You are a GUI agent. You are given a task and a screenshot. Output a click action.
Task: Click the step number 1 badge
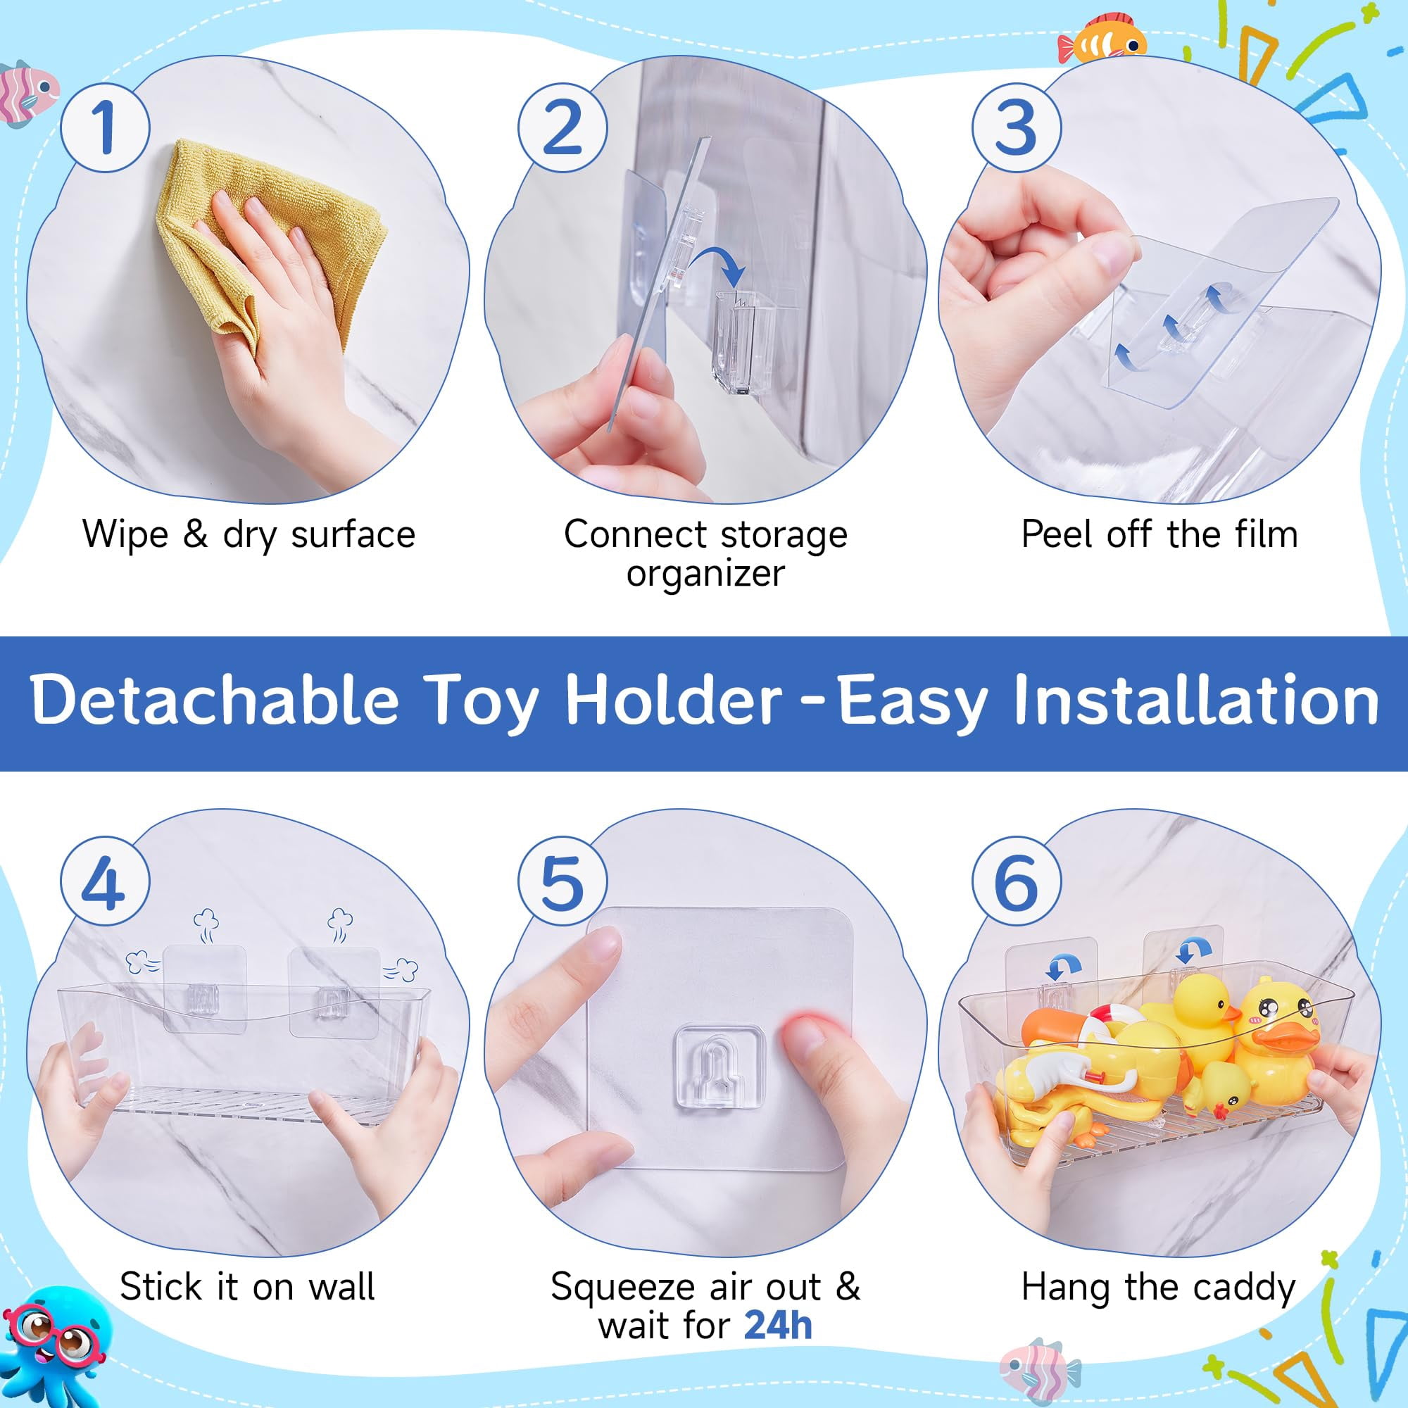(105, 127)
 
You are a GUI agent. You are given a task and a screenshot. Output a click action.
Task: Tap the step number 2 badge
(562, 127)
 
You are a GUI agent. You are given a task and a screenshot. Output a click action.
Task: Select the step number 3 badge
(1017, 127)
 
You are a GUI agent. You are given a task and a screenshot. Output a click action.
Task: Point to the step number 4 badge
(105, 881)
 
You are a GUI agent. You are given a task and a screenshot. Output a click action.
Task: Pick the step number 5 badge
(562, 881)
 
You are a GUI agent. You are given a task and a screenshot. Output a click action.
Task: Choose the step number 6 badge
(1017, 881)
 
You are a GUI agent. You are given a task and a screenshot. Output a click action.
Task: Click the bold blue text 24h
(778, 1325)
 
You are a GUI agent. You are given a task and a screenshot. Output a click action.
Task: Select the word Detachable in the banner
(215, 700)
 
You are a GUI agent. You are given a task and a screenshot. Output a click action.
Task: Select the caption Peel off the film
(1159, 534)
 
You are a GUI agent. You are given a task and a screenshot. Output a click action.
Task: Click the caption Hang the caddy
(1159, 1288)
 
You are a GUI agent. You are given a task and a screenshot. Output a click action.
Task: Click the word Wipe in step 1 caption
(125, 536)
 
